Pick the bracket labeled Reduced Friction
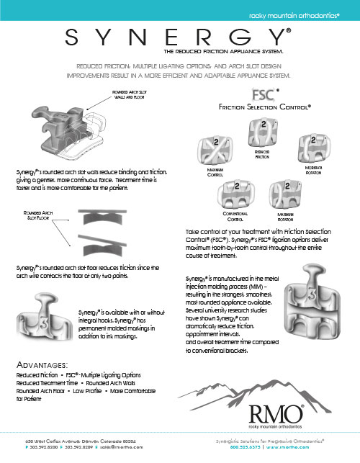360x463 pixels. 261,134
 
